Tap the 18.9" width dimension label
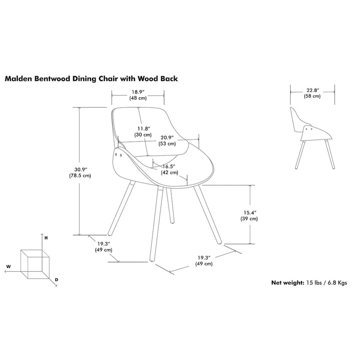point(138,92)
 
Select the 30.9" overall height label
point(81,169)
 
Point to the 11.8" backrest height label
point(143,128)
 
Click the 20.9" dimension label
point(167,137)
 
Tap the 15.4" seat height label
point(249,212)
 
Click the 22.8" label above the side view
point(312,90)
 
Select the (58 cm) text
point(312,96)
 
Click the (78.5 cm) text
point(81,175)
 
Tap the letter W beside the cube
point(8,267)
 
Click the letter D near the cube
point(57,280)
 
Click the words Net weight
point(288,283)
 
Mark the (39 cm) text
point(249,219)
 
